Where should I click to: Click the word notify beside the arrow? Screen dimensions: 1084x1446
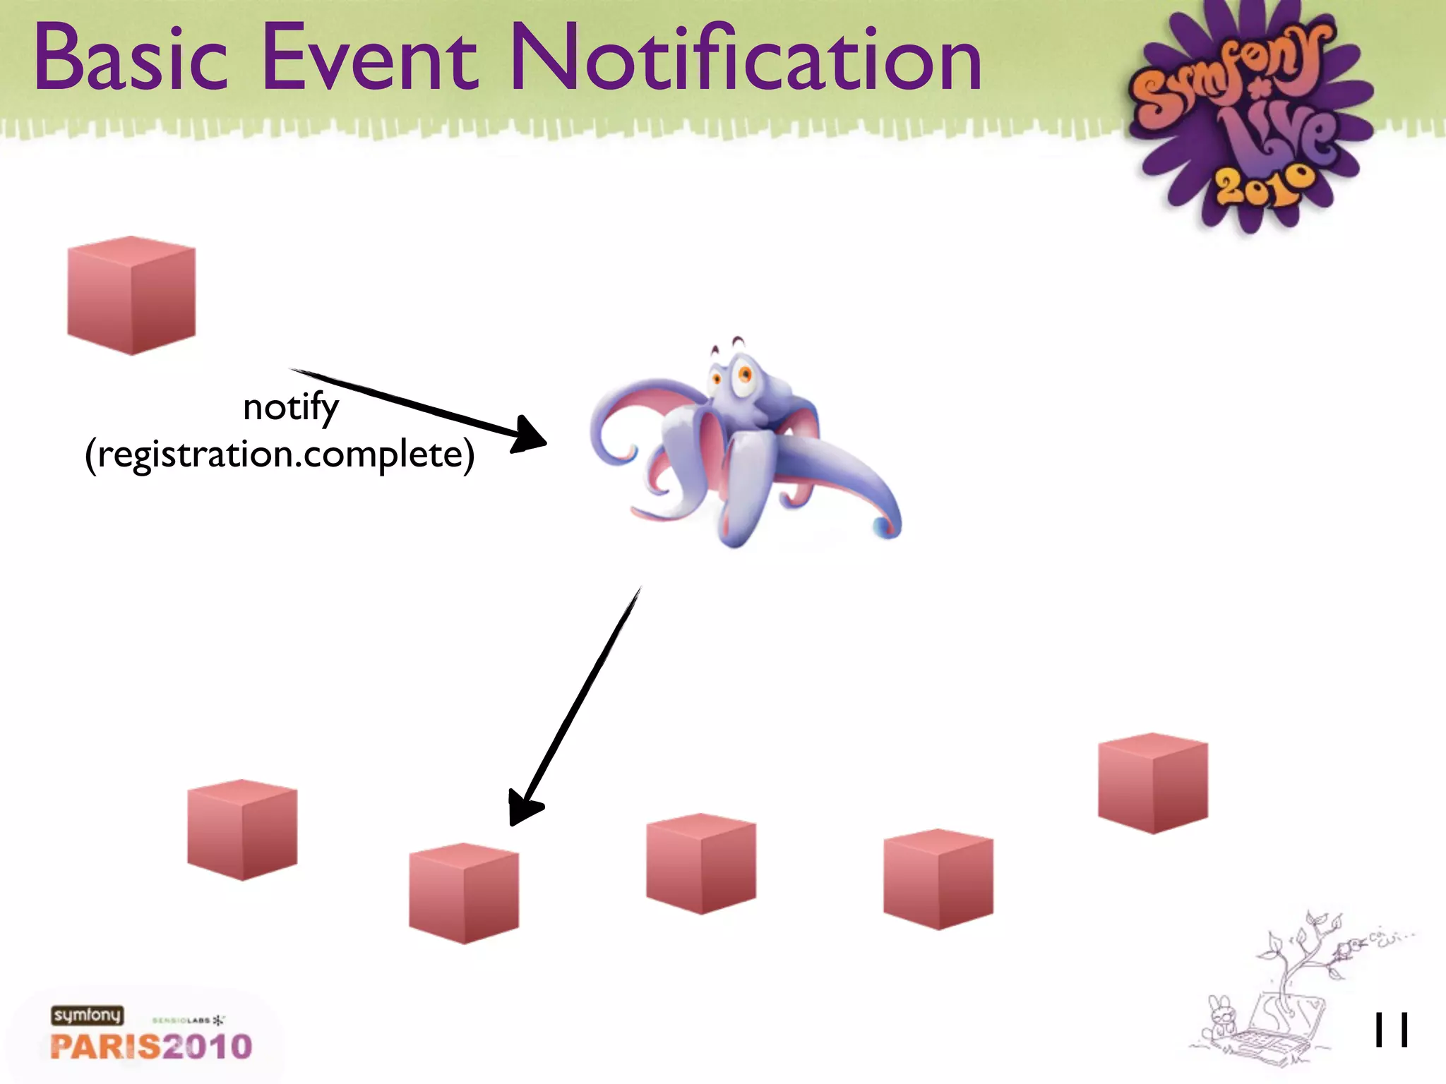click(291, 408)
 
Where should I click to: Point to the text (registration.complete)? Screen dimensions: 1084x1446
click(280, 454)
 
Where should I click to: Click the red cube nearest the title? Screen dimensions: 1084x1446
click(131, 295)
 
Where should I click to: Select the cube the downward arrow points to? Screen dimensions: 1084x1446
click(464, 893)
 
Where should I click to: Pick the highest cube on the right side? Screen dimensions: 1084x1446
click(1152, 783)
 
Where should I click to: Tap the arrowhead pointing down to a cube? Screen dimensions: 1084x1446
click(523, 809)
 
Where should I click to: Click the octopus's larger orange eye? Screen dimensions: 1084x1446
click(743, 374)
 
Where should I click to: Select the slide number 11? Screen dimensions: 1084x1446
click(1391, 1030)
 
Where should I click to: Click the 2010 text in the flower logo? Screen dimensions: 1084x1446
click(1265, 185)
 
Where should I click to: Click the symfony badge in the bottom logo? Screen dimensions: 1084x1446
click(87, 1015)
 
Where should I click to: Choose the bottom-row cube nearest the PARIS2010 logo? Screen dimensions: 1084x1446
click(242, 829)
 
